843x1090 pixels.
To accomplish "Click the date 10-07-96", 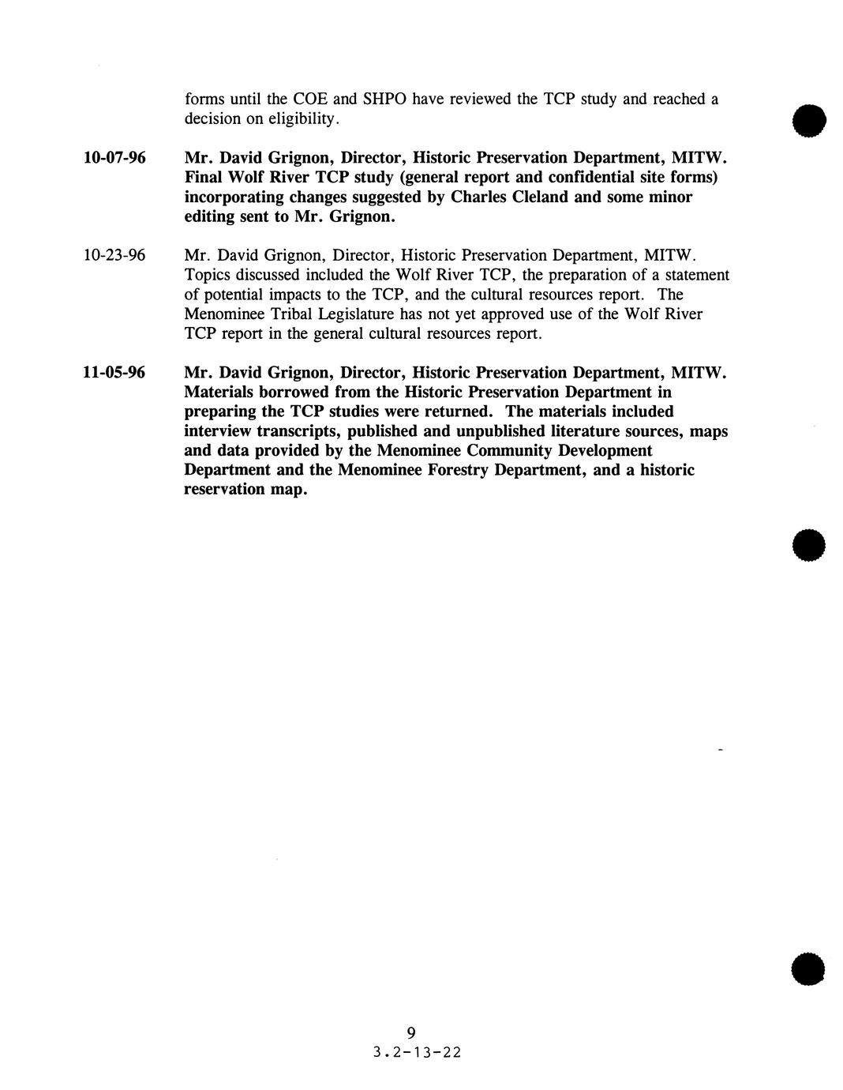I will pyautogui.click(x=114, y=158).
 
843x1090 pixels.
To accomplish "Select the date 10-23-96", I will pyautogui.click(x=114, y=256).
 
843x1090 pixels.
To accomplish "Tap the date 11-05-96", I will pyautogui.click(x=114, y=373).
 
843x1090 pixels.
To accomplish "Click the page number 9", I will pyautogui.click(x=410, y=1032).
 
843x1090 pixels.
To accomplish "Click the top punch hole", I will pyautogui.click(x=809, y=120).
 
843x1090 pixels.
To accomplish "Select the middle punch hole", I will pyautogui.click(x=809, y=546).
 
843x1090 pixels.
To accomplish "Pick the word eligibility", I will pyautogui.click(x=303, y=119).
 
